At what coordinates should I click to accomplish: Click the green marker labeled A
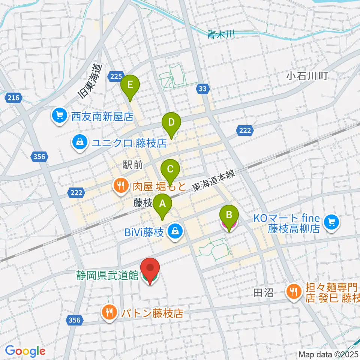point(162,205)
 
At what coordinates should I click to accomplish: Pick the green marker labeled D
point(171,123)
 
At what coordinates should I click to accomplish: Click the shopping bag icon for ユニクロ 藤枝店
point(80,143)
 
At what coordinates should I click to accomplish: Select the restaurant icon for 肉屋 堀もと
point(120,185)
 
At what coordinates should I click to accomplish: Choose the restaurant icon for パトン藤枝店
point(109,312)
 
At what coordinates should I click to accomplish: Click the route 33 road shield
point(202,89)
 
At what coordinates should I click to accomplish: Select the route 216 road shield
point(13,98)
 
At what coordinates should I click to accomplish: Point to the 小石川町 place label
point(307,76)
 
